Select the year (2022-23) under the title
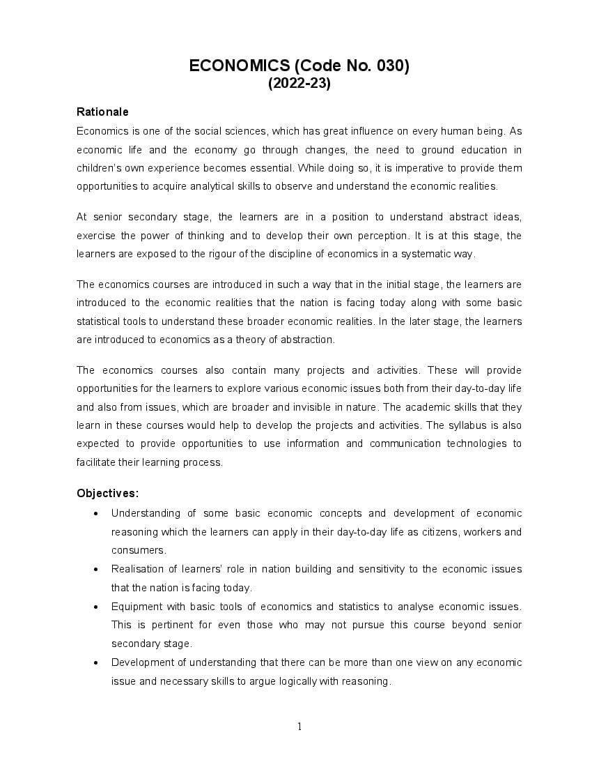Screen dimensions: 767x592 (x=299, y=84)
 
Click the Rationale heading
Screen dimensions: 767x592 (x=102, y=112)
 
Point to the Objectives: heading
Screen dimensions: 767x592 (x=108, y=493)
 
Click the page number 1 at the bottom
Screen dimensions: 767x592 (x=299, y=727)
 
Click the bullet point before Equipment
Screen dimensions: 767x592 (x=95, y=607)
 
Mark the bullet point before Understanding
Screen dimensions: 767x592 (x=95, y=514)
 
